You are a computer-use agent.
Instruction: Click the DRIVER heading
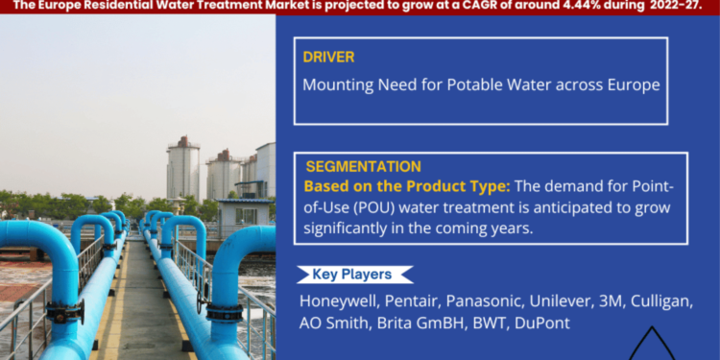(328, 57)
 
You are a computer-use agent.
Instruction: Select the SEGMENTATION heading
(363, 166)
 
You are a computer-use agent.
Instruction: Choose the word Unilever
(577, 300)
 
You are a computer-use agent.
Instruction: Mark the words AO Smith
(333, 324)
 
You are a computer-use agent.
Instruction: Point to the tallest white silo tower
(182, 168)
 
